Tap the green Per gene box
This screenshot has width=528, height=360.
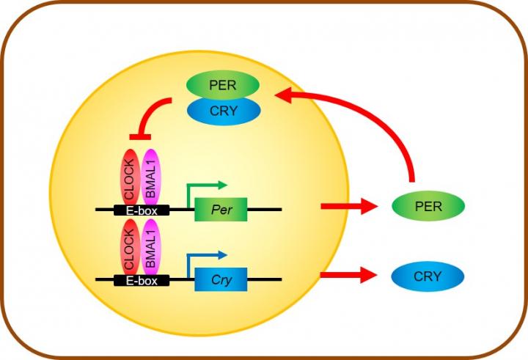coord(221,209)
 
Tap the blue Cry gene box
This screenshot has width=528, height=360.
coord(221,279)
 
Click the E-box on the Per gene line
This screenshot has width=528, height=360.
coord(142,210)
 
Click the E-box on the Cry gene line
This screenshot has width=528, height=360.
coord(142,280)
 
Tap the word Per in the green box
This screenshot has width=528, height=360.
coord(221,209)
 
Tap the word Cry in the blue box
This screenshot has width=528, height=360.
coord(221,279)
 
